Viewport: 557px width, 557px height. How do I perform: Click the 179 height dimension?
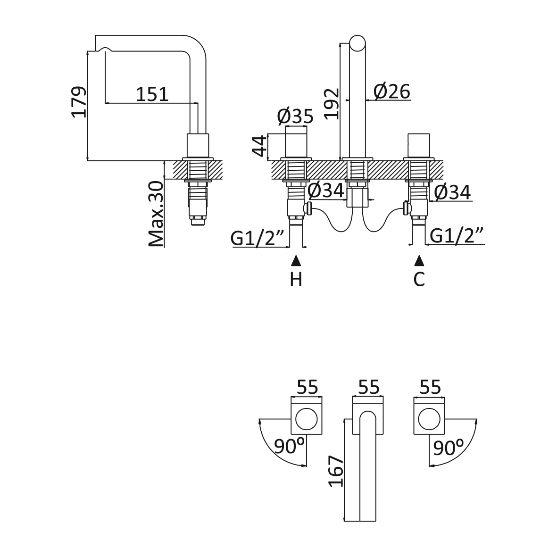pos(79,101)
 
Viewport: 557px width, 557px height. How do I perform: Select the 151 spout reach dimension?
pos(152,94)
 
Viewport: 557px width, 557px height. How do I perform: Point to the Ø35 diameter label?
pos(295,116)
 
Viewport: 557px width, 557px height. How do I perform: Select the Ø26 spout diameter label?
pos(392,91)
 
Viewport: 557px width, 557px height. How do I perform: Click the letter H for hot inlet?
pos(296,280)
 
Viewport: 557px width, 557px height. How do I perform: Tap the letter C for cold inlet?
pos(419,280)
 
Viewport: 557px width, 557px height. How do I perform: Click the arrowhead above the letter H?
pos(296,260)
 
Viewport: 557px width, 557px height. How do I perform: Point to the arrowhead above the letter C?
pos(419,260)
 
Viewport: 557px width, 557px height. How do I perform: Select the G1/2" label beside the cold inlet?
pos(457,236)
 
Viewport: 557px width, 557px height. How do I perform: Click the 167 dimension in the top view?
pos(334,471)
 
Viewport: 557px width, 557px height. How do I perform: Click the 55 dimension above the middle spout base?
pos(369,387)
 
